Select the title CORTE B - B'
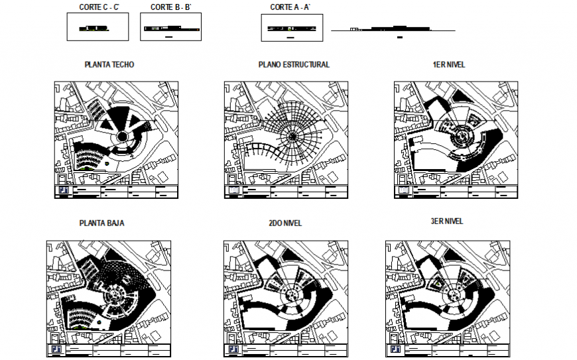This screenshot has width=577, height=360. click(170, 7)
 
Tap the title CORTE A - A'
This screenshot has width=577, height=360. click(290, 7)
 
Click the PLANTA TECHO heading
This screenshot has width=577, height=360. click(109, 65)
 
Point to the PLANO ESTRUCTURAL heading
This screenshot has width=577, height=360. click(293, 65)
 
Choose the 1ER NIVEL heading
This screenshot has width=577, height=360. click(448, 65)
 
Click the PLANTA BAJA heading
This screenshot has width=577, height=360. click(101, 223)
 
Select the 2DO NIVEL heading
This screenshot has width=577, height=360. click(285, 223)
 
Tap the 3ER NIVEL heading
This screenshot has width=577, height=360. click(446, 221)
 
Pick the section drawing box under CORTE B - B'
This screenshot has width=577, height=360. click(171, 29)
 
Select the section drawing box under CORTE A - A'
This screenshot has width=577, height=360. click(292, 29)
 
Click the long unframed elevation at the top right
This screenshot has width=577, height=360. click(393, 30)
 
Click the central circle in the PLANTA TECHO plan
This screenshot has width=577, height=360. click(123, 137)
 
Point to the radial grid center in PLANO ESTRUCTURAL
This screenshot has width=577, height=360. click(292, 137)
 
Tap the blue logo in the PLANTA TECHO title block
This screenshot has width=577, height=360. click(64, 192)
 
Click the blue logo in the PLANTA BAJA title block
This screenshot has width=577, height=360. click(56, 349)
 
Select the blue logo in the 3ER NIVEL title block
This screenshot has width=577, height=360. click(395, 349)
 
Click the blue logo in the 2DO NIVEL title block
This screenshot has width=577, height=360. click(233, 349)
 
